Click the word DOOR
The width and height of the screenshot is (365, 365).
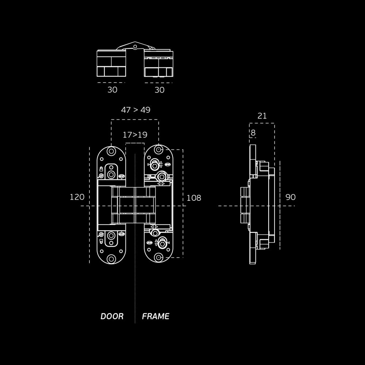pyautogui.click(x=112, y=316)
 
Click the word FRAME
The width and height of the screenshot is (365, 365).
pyautogui.click(x=155, y=316)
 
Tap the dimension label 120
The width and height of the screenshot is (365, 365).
pyautogui.click(x=77, y=197)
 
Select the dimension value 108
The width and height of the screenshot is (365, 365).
pyautogui.click(x=194, y=198)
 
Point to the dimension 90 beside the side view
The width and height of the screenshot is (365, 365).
pyautogui.click(x=291, y=197)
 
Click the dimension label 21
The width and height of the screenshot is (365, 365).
pyautogui.click(x=262, y=116)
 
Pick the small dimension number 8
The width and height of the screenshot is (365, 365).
pyautogui.click(x=253, y=133)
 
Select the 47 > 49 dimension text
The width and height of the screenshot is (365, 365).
pyautogui.click(x=136, y=110)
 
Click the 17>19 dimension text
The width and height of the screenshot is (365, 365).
pyautogui.click(x=135, y=135)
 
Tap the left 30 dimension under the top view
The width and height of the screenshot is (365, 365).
pyautogui.click(x=112, y=90)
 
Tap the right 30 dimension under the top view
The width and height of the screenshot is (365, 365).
pyautogui.click(x=160, y=90)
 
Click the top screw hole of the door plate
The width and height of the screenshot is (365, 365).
pyautogui.click(x=111, y=151)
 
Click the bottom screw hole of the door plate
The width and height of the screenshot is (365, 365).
pyautogui.click(x=111, y=259)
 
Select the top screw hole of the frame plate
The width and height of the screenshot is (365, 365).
pyautogui.click(x=158, y=149)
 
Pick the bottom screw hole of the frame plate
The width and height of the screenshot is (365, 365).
pyautogui.click(x=158, y=257)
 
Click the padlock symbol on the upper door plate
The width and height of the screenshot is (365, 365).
pyautogui.click(x=101, y=169)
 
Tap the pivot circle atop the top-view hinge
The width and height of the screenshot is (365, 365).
pyautogui.click(x=135, y=47)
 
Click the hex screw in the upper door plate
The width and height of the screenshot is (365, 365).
pyautogui.click(x=111, y=174)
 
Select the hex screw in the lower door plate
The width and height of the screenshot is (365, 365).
pyautogui.click(x=111, y=235)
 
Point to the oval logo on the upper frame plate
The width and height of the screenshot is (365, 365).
pyautogui.click(x=168, y=164)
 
